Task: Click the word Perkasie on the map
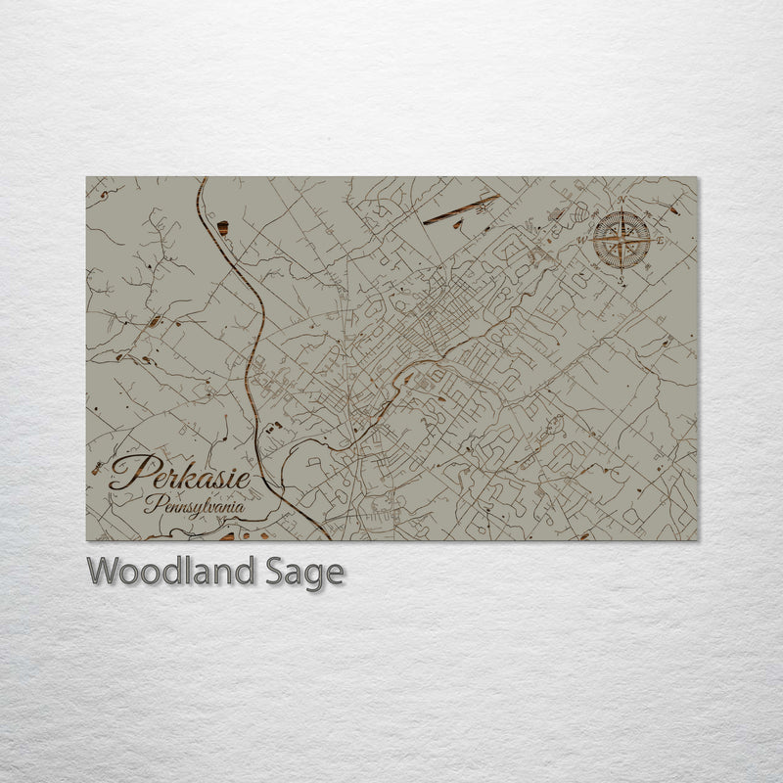179,475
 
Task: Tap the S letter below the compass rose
621,279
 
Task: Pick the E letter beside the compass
662,241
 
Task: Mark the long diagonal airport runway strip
461,209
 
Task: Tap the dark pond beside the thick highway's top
222,228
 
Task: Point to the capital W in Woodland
103,571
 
